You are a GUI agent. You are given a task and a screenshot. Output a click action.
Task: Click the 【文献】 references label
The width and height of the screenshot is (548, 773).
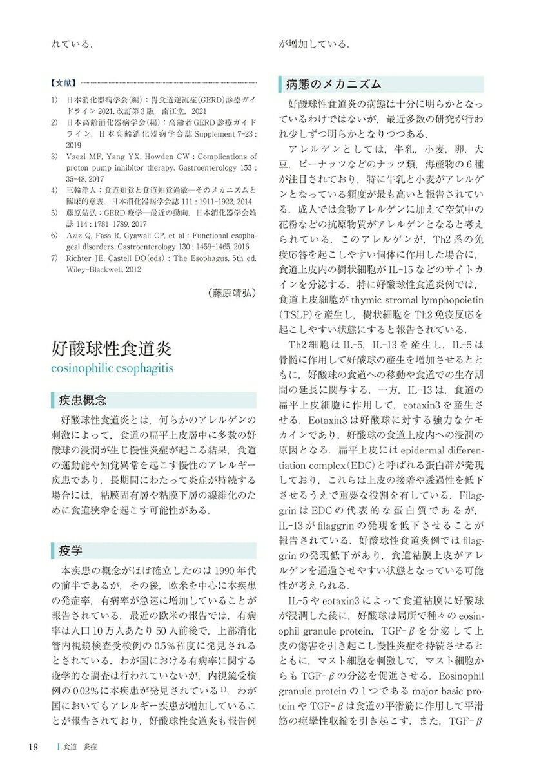63,83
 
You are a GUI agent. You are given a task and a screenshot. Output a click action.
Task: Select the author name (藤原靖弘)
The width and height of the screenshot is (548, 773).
232,292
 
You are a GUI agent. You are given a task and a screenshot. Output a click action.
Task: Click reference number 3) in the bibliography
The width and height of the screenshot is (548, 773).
56,157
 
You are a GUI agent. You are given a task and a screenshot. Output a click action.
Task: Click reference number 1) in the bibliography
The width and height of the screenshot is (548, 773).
56,100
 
